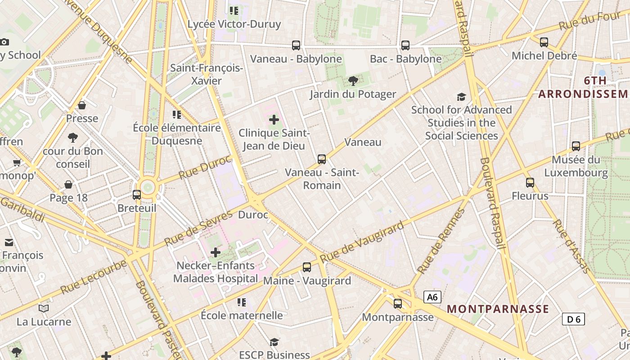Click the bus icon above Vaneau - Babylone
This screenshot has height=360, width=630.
tap(296, 45)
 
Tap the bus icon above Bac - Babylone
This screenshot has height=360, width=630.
tap(405, 45)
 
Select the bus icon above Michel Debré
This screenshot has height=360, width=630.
tap(544, 42)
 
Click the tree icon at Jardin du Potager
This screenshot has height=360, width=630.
tap(353, 81)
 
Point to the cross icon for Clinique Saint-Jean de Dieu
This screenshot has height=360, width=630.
tap(274, 120)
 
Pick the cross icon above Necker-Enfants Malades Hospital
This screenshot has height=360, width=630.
tap(216, 252)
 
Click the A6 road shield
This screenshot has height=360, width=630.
tap(432, 297)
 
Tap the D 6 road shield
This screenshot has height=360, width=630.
tap(573, 319)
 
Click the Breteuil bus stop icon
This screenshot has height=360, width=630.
tap(137, 195)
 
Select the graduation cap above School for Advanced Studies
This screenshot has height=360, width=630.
tap(461, 97)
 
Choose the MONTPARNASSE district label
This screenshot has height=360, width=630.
tap(498, 309)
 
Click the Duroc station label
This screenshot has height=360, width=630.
tap(253, 215)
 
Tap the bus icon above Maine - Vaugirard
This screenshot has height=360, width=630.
tap(307, 267)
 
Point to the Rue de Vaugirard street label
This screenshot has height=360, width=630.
tap(362, 243)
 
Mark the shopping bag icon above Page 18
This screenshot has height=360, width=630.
tap(68, 184)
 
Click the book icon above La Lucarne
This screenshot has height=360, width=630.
tap(44, 308)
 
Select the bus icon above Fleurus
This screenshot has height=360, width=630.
tap(530, 183)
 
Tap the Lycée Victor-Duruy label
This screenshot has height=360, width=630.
tap(234, 24)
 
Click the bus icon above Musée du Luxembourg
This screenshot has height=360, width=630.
tap(576, 146)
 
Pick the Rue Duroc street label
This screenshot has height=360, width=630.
tap(205, 167)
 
